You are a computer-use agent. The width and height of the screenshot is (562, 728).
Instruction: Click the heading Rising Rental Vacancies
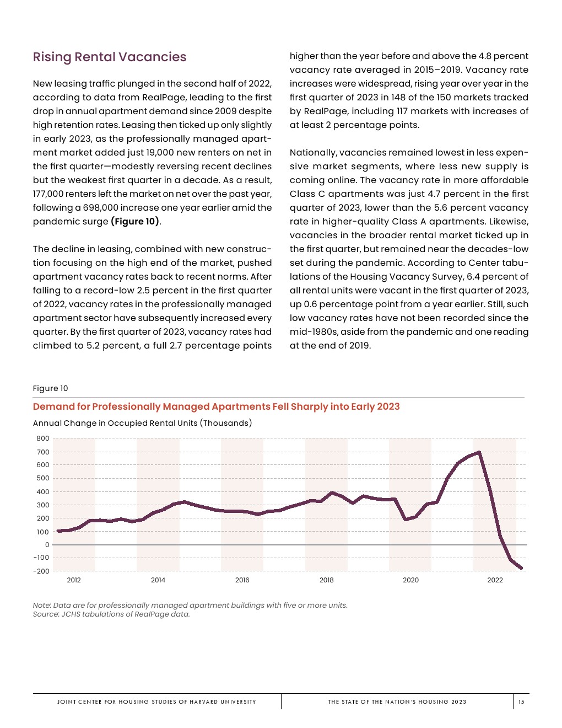click(x=110, y=57)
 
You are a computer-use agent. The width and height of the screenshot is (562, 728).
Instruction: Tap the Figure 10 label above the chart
click(x=50, y=388)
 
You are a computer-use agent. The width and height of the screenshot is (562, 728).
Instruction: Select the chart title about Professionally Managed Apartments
click(x=216, y=406)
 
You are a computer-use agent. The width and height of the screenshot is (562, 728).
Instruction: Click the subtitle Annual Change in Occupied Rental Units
click(x=142, y=423)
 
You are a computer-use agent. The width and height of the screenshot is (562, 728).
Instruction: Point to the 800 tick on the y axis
click(x=43, y=438)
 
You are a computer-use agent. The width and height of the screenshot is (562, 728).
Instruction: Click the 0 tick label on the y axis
click(x=47, y=545)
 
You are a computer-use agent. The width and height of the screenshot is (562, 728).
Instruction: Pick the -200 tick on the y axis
click(x=41, y=571)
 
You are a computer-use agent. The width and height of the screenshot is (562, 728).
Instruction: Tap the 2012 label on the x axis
click(x=74, y=580)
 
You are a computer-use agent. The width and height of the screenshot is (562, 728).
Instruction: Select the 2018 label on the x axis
click(x=326, y=580)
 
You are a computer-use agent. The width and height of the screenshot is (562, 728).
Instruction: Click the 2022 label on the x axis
click(x=495, y=580)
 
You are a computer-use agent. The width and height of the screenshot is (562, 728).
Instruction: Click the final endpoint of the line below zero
click(x=521, y=568)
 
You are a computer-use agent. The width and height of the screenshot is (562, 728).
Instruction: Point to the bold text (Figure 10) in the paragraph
click(x=135, y=222)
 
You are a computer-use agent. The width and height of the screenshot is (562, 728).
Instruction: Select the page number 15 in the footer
click(x=521, y=702)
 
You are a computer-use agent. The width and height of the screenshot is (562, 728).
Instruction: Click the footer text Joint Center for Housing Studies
click(x=156, y=702)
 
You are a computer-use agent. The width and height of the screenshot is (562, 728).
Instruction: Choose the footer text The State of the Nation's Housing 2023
click(x=397, y=702)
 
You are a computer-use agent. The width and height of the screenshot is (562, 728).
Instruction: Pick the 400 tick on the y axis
click(x=43, y=492)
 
